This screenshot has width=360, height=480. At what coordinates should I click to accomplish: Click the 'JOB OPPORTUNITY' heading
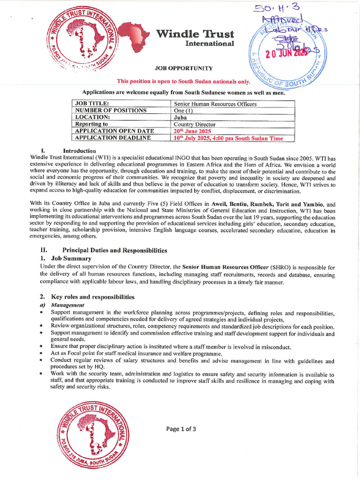point(180,68)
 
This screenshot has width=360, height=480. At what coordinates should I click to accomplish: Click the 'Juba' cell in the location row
point(180,117)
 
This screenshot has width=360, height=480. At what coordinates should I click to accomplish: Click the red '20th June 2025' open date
point(193,131)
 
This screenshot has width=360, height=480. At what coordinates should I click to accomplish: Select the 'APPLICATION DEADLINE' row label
point(113,138)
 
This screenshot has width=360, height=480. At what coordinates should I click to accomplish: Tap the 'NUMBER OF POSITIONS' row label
point(111,111)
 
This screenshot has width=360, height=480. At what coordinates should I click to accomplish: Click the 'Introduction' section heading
point(79,151)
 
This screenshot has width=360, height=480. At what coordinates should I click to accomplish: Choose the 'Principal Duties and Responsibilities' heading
point(114,250)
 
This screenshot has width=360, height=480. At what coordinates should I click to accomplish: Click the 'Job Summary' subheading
point(72,258)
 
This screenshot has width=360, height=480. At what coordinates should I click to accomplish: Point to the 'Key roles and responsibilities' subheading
point(93,297)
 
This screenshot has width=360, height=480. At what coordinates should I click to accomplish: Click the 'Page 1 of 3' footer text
point(181,428)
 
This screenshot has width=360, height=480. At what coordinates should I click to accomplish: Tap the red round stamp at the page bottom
point(92,434)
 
